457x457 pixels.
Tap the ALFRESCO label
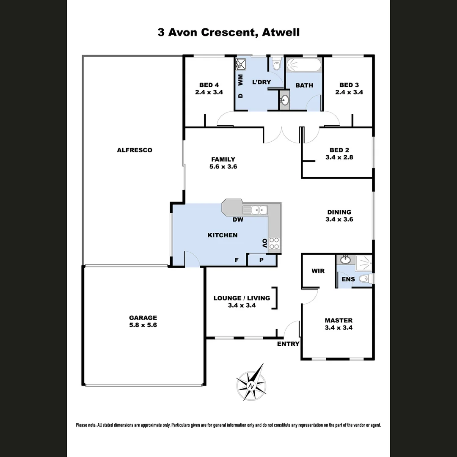[135, 150]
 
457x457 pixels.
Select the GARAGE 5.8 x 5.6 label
[143, 321]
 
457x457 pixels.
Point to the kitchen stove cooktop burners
[274, 243]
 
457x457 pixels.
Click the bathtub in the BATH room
[303, 66]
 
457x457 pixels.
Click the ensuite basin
[346, 259]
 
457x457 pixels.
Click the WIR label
[318, 271]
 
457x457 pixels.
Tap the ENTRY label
[288, 344]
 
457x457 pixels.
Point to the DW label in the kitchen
[237, 220]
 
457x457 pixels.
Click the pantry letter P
[262, 260]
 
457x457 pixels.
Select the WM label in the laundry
[240, 79]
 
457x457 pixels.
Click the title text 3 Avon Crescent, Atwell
[228, 33]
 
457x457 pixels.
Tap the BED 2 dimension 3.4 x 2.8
[339, 157]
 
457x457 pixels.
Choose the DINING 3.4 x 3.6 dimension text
[339, 220]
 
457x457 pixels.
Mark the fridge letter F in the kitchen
[237, 260]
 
